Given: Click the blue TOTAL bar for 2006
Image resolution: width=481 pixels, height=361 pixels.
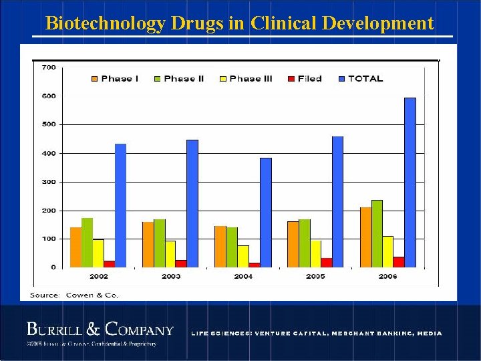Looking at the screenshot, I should coord(410,183).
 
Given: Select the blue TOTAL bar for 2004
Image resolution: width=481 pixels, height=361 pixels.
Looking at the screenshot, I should coord(266,213).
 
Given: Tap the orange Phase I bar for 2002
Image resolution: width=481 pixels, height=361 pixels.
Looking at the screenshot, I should coord(75,247).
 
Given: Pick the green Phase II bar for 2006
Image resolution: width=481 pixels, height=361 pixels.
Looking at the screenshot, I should coord(377,233).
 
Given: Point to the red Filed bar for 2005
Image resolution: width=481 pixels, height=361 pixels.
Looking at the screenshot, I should coord(327,263).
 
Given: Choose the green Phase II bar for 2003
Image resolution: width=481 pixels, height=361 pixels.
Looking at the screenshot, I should coord(159,243).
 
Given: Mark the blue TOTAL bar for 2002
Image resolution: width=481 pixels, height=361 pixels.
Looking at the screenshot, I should coord(120,205).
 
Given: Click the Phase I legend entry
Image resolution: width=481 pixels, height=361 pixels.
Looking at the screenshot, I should coord(115,79).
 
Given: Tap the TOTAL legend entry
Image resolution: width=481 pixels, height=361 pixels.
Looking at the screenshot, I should coord(361,79).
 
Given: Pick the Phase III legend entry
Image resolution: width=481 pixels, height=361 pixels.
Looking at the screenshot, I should coord(245,79).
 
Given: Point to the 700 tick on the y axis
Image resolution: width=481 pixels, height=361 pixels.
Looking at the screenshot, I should coord(49,67).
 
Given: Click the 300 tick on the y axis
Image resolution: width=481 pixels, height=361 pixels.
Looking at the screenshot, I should coord(49,182).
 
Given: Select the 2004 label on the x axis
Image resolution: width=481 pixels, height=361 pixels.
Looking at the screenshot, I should coord(243,276).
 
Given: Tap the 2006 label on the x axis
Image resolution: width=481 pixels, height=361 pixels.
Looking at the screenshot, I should coord(387,276).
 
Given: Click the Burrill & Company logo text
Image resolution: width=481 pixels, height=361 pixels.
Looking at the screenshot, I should coord(100,330).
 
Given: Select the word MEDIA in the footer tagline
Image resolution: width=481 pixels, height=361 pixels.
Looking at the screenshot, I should coord(428,333).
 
